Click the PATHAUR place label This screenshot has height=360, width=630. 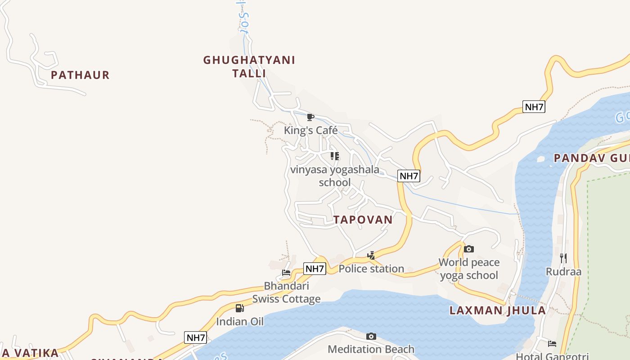click(x=80, y=75)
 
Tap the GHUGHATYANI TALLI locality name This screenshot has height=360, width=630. click(x=249, y=67)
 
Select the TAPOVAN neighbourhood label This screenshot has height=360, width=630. click(x=363, y=220)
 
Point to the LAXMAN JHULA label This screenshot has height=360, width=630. click(x=498, y=310)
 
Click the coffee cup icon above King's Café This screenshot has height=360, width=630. click(x=310, y=117)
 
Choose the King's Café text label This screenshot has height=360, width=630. click(x=310, y=130)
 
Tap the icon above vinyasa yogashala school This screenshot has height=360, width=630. click(x=334, y=156)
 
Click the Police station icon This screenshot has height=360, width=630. click(x=371, y=256)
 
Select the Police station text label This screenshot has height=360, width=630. click(x=371, y=269)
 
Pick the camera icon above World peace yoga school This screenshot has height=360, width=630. click(x=468, y=249)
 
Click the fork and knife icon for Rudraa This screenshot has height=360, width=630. click(x=563, y=258)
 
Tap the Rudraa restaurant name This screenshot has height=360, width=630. click(x=563, y=272)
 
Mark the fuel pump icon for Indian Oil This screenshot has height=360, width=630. click(x=240, y=308)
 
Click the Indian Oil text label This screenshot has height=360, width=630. click(x=240, y=322)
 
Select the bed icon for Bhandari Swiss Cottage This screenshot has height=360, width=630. click(x=286, y=272)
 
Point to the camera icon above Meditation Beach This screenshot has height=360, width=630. click(x=371, y=336)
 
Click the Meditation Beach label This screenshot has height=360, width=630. click(x=371, y=349)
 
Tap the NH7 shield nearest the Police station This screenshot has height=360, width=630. click(x=315, y=269)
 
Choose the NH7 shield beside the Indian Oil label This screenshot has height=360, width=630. click(x=195, y=337)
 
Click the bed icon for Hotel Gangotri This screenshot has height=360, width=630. click(x=552, y=344)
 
